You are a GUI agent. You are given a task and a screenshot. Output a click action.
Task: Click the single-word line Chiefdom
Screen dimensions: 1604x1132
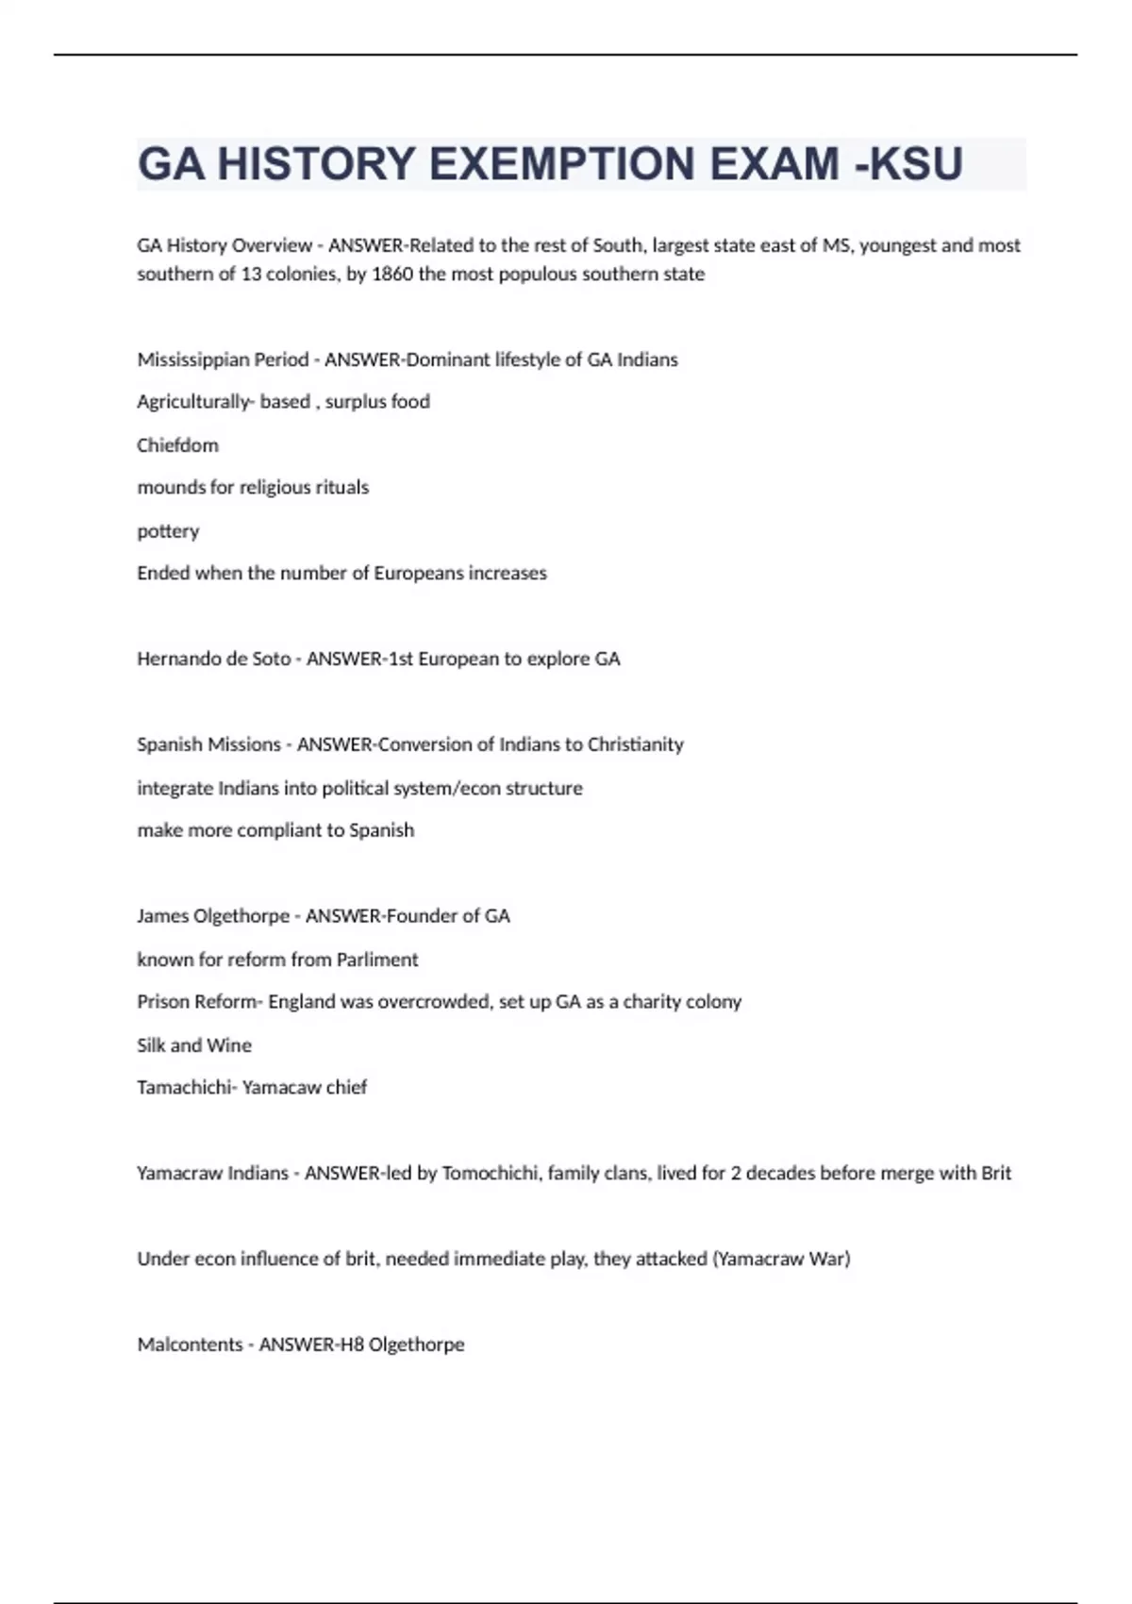pos(177,445)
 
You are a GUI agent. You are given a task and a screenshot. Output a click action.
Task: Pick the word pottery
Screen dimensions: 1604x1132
pos(168,531)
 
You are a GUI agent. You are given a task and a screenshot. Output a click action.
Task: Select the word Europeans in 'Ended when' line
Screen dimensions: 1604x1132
pos(418,574)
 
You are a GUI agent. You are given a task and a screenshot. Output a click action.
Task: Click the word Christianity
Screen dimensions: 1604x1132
pos(635,744)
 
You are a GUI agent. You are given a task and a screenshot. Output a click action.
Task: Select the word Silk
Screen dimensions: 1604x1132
pos(151,1045)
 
